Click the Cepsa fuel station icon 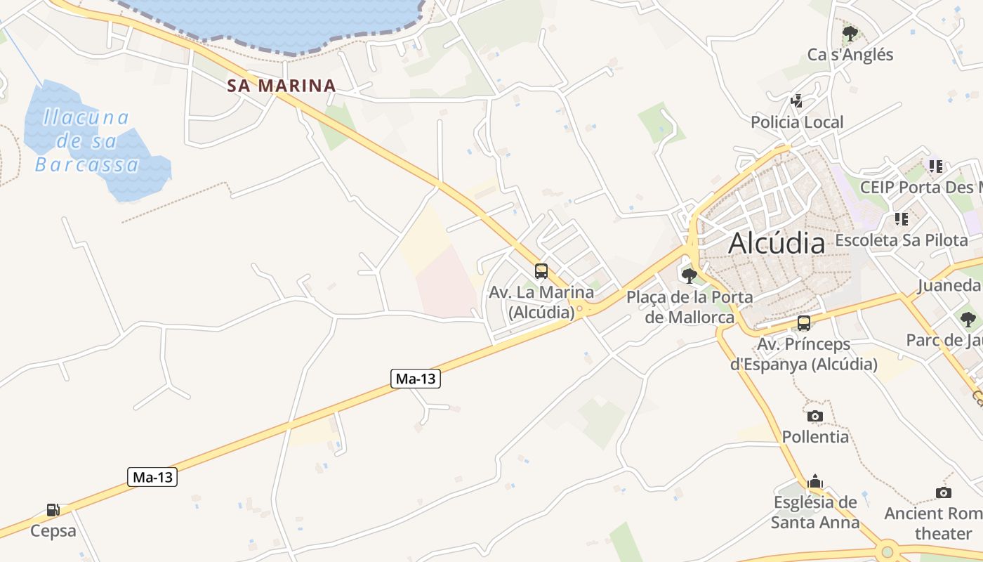tap(53, 510)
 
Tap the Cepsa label tap(53, 530)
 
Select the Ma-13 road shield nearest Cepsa tap(153, 478)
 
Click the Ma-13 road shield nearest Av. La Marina tap(415, 379)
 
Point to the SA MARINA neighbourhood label tap(282, 86)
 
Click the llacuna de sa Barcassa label tap(86, 140)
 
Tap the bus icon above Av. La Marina tap(541, 271)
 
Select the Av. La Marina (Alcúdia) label tap(541, 302)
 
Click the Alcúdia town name tap(777, 243)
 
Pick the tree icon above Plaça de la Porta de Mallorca tap(690, 275)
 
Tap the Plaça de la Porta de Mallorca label tap(690, 307)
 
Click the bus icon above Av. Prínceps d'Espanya tap(804, 323)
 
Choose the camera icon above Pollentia tap(814, 416)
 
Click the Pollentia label tap(815, 437)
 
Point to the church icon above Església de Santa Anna tap(815, 481)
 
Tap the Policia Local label tap(797, 122)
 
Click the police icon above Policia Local tap(796, 101)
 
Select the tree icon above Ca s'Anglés tap(850, 33)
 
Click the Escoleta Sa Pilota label tap(901, 240)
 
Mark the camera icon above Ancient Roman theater tap(944, 492)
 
